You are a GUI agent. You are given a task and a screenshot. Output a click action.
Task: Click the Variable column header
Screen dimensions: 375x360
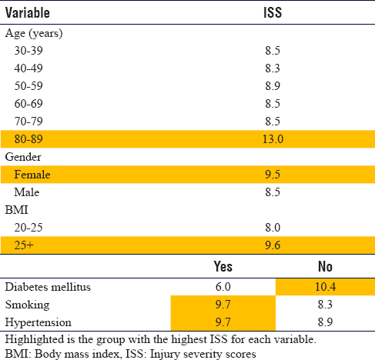[28, 12]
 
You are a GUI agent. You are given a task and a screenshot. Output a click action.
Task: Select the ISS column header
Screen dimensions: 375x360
[273, 12]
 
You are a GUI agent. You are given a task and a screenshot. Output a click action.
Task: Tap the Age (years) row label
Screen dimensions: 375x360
[34, 34]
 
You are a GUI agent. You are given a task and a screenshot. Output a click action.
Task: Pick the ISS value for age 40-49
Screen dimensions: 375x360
[273, 68]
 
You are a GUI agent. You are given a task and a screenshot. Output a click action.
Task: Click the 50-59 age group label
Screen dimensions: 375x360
[28, 86]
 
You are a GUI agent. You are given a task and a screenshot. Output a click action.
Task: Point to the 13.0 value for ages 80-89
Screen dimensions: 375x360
[273, 139]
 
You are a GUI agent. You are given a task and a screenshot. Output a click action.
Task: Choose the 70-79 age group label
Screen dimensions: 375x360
[28, 122]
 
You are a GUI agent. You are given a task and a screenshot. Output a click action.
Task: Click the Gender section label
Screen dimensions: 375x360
[23, 157]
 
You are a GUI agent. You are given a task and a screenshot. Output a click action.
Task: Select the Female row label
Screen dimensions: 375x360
[32, 175]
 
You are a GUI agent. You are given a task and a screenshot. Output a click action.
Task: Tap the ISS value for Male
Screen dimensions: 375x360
[273, 192]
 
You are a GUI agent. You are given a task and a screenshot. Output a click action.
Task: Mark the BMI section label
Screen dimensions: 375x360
[16, 210]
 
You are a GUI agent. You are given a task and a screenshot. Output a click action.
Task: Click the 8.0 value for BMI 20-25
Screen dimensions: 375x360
[273, 228]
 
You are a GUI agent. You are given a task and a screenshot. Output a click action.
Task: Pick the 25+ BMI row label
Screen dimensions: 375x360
[24, 245]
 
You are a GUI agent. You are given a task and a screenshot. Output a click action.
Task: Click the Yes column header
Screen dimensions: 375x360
[223, 266]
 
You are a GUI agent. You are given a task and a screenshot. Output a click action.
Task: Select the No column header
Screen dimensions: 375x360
[325, 266]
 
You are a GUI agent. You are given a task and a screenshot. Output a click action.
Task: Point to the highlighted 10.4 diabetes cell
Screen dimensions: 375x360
[325, 287]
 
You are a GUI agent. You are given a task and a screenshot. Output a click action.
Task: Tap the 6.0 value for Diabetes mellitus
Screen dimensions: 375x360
[223, 287]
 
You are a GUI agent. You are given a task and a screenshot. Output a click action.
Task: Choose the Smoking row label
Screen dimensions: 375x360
[28, 305]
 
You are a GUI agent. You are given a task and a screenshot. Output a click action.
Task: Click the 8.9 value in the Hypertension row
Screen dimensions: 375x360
[325, 322]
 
